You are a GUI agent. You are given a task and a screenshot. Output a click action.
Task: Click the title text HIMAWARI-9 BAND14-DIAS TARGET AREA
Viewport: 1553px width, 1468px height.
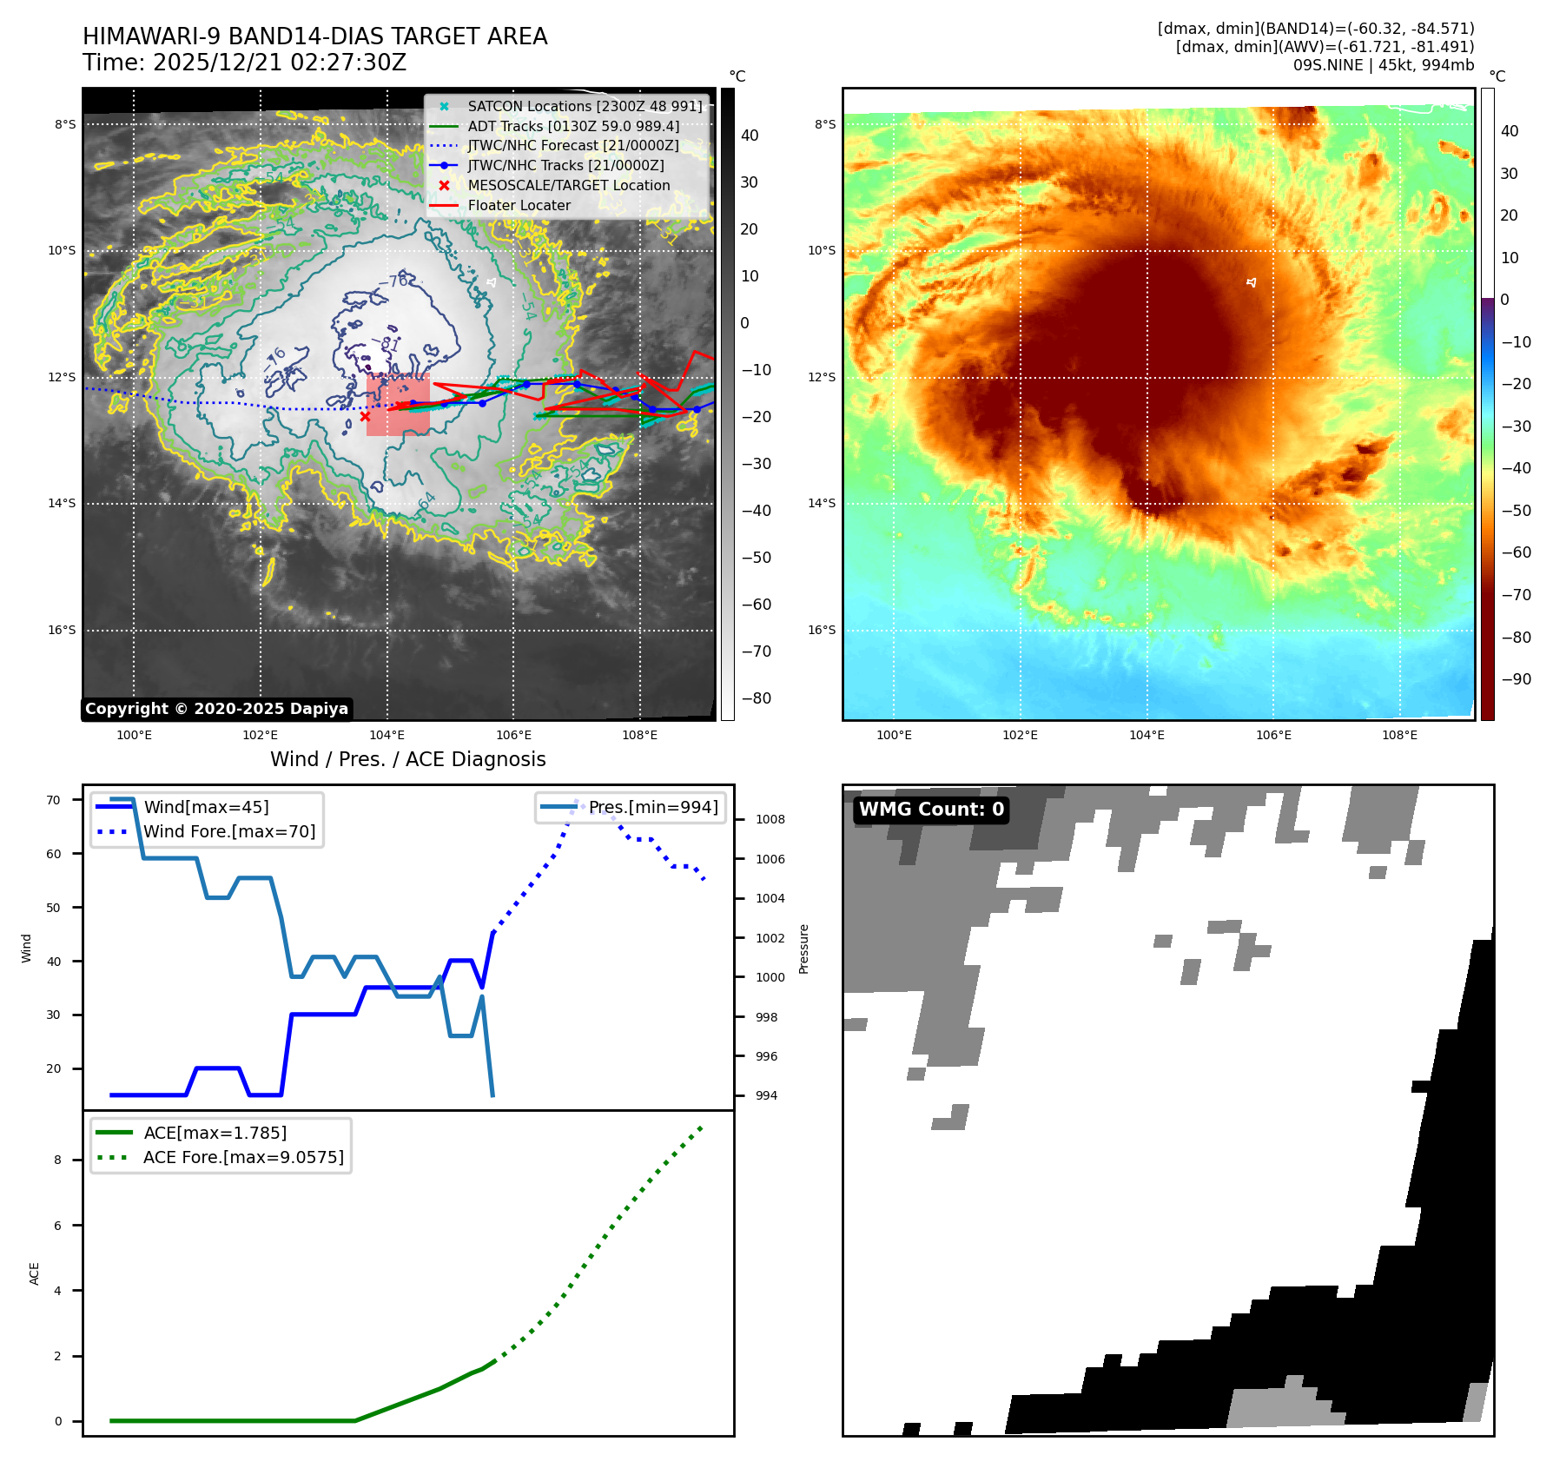pos(314,36)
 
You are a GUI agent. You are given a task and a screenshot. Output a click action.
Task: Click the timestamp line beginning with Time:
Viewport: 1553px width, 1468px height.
pos(244,63)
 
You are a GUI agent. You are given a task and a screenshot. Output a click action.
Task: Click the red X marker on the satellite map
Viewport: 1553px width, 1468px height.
pos(365,416)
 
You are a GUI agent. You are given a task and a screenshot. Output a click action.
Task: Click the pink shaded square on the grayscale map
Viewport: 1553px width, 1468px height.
pos(398,405)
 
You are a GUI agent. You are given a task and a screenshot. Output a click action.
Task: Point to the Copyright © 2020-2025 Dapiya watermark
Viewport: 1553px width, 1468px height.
pos(216,709)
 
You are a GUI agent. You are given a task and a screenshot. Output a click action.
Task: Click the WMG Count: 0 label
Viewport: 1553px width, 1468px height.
pos(931,810)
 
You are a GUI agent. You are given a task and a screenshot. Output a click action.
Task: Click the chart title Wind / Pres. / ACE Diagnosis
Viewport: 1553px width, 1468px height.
pos(407,759)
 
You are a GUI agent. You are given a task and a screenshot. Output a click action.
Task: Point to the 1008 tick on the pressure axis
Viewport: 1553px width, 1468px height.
pos(770,819)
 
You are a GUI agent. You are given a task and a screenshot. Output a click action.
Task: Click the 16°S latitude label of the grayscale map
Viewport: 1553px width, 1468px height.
pos(62,630)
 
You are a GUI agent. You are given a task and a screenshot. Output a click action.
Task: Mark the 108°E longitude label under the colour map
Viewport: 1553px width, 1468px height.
pos(1399,735)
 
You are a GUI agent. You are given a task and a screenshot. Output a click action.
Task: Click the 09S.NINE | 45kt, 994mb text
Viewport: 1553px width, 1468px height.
pos(1383,65)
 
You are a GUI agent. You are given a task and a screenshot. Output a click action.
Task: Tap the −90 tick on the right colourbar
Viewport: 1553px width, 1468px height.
pos(1516,679)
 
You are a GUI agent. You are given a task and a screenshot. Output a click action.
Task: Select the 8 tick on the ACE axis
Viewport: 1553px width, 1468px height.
pos(58,1160)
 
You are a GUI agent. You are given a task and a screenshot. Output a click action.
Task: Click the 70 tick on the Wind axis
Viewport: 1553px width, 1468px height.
pos(54,800)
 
